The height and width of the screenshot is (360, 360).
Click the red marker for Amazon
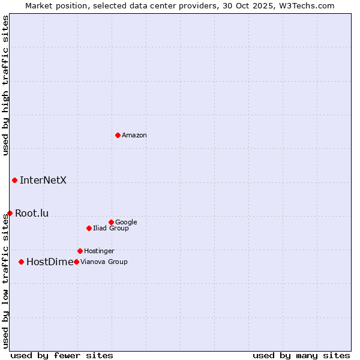coord(118,135)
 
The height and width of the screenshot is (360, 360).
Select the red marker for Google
coord(111,222)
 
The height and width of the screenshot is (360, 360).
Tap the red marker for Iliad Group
coord(89,228)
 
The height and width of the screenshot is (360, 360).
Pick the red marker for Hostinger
coord(80,251)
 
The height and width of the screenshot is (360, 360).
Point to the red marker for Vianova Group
coord(76,262)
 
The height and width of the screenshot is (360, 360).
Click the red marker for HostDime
coord(22,262)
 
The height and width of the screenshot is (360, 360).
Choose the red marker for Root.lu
coord(10,213)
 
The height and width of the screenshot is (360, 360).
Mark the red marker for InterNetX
coord(14,180)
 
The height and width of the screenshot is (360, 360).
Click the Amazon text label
coord(134,135)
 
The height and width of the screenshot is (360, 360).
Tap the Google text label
coord(126,222)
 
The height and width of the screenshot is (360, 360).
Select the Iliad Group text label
coord(111,228)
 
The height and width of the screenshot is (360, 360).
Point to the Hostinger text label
coord(99,251)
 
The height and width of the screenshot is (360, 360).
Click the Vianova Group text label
coord(104,262)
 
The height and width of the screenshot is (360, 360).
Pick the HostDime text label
coord(50,262)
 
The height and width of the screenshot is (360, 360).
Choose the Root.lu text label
coord(32,213)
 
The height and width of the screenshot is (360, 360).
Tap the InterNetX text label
coord(43,180)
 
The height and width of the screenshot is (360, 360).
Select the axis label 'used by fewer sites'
coord(62,355)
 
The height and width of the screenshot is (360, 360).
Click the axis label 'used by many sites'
coord(301,355)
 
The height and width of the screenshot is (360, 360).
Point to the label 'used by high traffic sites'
coord(5,85)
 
